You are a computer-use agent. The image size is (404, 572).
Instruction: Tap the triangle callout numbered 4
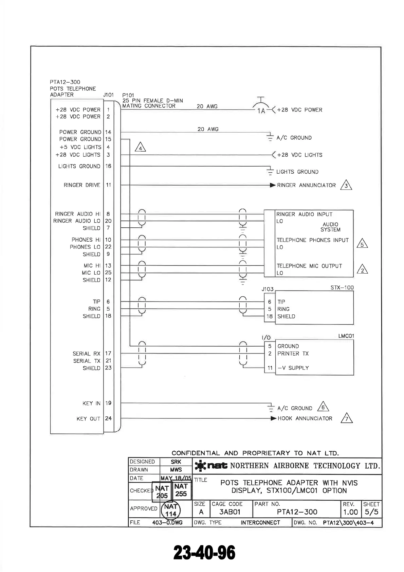click(140, 148)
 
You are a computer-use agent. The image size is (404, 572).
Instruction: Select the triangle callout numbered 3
click(346, 185)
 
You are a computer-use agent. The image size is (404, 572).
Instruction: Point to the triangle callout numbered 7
click(347, 418)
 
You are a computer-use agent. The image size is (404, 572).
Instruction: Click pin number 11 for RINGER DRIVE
click(108, 185)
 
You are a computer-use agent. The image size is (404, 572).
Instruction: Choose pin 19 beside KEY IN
click(108, 403)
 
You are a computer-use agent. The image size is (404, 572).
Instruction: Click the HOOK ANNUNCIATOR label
click(305, 418)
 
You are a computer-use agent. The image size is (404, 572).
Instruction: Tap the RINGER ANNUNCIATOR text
click(306, 185)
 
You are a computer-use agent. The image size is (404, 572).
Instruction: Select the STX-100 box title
click(342, 288)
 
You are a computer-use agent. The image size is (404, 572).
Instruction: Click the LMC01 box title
click(346, 336)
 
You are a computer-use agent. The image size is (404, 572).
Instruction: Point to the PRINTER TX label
click(293, 353)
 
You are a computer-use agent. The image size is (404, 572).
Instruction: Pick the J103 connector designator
click(268, 289)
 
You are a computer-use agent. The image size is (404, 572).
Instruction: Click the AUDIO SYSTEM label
click(330, 227)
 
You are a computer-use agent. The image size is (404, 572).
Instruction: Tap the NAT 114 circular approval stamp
click(171, 510)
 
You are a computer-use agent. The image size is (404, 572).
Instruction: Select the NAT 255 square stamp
click(181, 490)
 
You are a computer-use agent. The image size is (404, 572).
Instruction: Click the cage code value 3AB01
click(230, 512)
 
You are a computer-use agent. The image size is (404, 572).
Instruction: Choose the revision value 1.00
click(350, 512)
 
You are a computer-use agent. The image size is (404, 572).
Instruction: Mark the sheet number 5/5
click(371, 512)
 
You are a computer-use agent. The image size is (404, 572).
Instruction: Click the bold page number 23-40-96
click(204, 553)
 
